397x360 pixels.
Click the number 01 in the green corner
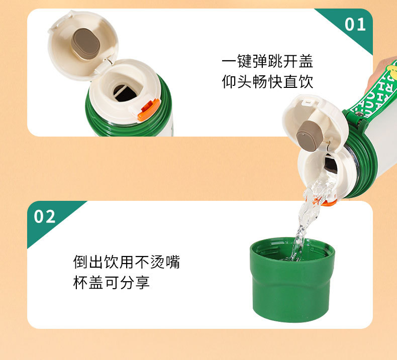pyautogui.click(x=355, y=25)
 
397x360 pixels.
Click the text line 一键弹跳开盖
pyautogui.click(x=267, y=61)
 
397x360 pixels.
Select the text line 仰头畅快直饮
pyautogui.click(x=267, y=81)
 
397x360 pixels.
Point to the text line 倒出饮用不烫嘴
pyautogui.click(x=126, y=262)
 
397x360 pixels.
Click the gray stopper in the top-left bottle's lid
pyautogui.click(x=85, y=42)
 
